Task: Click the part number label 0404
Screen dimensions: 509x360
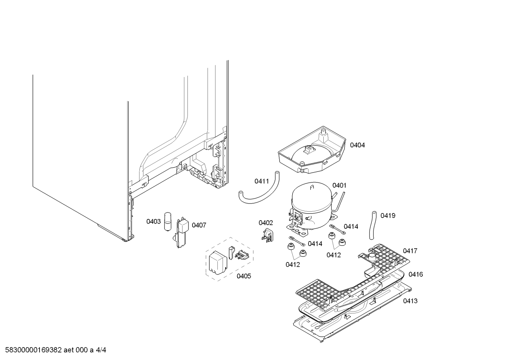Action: pos(357,145)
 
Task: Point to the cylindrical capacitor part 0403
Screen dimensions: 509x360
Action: pos(168,222)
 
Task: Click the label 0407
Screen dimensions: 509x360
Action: pos(199,225)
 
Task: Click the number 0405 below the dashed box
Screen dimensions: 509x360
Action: pos(244,276)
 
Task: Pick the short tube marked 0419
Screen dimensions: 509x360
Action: pos(373,225)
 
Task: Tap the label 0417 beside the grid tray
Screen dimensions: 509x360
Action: pos(410,251)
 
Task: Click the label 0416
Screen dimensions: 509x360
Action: pos(416,275)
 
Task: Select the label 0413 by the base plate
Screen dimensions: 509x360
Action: pos(411,301)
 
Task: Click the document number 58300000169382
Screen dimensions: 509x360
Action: pos(34,350)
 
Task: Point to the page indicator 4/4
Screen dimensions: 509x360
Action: pos(101,350)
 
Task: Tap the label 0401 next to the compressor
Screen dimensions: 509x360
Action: pos(340,185)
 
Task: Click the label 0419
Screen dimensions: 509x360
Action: pos(388,216)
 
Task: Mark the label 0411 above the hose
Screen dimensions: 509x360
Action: pos(262,181)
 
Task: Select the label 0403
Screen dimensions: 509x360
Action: pos(154,221)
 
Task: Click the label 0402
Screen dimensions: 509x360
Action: pos(266,223)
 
